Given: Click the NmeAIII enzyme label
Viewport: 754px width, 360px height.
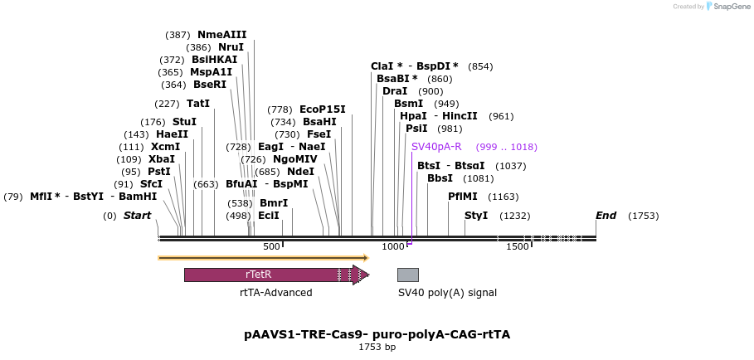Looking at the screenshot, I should [x=221, y=35].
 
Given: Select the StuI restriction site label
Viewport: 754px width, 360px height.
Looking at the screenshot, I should [x=184, y=122].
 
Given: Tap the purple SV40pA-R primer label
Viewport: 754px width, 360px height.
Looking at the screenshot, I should [x=436, y=147].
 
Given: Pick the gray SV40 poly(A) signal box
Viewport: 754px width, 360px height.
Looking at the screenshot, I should [x=407, y=275].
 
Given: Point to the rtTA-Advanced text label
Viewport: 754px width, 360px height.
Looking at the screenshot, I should [x=276, y=293].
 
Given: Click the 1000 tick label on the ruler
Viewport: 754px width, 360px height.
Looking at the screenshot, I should [x=392, y=247].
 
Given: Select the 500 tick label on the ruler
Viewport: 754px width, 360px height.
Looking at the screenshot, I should [x=271, y=247].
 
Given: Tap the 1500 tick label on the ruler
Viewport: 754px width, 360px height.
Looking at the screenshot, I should [x=517, y=247].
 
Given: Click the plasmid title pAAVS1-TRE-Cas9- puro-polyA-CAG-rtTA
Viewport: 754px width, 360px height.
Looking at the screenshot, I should [x=377, y=334].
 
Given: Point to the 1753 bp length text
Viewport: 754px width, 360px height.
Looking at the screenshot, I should [x=377, y=347].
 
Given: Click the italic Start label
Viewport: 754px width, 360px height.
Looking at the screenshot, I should [x=138, y=216].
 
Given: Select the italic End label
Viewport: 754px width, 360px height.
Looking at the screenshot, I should [x=606, y=216].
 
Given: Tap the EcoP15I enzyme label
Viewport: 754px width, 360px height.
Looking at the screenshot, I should [x=322, y=109].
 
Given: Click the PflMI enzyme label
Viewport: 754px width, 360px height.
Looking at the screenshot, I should [x=463, y=197].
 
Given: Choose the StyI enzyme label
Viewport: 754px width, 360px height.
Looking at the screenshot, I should [x=476, y=216].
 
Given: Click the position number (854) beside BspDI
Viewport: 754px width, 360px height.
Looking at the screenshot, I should [x=480, y=66].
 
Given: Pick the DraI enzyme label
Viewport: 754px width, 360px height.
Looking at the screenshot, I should [x=395, y=91].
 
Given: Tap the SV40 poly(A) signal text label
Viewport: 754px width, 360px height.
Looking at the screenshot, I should [x=447, y=293].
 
